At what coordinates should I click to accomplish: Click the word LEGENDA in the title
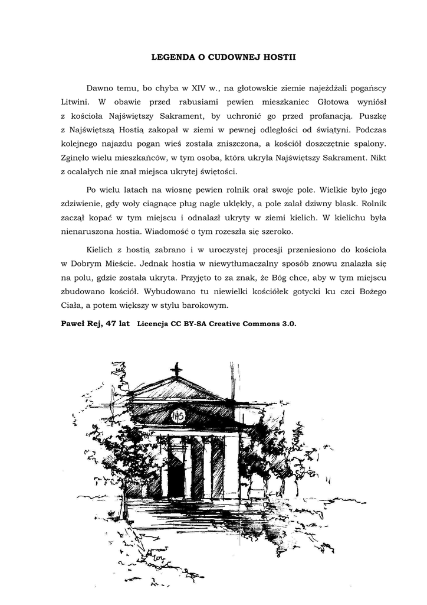tap(172, 58)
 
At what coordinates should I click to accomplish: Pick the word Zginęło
tap(78, 158)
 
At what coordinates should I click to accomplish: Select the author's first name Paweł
tap(74, 324)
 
